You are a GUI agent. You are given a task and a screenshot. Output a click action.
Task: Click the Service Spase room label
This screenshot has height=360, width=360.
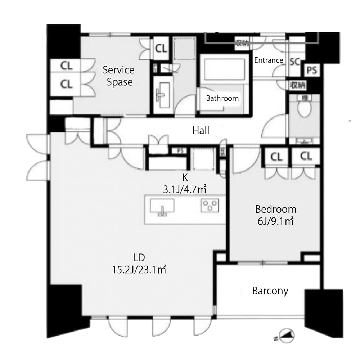118,76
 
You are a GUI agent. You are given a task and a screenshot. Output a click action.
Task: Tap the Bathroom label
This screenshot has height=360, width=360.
222,98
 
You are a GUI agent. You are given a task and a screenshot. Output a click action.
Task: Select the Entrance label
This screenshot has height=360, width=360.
269,60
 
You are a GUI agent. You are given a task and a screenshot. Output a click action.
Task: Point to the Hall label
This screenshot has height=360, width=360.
201,130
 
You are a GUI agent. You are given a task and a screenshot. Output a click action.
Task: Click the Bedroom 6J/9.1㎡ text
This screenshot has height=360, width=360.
275,215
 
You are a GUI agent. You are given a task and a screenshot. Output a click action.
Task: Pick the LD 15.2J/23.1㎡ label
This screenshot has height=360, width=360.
139,263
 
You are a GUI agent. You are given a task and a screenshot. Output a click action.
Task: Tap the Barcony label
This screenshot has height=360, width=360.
270,291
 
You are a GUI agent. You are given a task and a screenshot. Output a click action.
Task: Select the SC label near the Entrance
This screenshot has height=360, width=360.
295,62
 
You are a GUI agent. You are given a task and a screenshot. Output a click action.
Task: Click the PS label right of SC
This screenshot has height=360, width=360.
312,71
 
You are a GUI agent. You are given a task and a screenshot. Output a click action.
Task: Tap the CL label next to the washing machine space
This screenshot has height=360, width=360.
161,49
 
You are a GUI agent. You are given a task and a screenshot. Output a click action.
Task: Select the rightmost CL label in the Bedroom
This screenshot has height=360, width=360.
306,157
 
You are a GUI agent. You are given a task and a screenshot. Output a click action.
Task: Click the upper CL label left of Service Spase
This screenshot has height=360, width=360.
66,66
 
